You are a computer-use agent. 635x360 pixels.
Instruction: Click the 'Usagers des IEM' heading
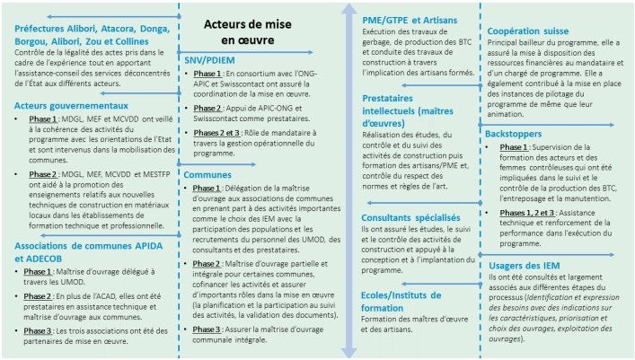tap(526, 266)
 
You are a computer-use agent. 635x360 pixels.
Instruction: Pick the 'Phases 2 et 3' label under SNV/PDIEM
tap(220, 133)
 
